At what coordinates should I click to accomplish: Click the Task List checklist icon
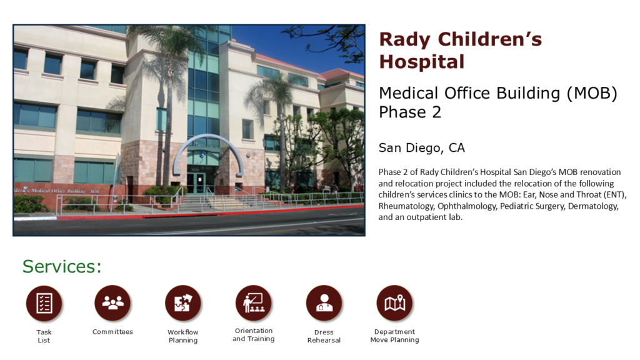44,303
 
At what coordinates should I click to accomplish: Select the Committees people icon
112,303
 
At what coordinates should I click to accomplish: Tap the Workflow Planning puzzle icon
183,303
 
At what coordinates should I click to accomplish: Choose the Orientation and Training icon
254,303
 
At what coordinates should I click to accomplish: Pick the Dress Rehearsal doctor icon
324,303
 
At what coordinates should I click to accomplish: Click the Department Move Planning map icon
395,303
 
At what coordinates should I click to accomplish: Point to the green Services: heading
62,266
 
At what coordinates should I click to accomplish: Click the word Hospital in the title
422,62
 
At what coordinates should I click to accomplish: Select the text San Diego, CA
422,147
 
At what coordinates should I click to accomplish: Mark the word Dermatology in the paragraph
593,206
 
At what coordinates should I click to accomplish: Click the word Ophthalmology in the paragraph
466,206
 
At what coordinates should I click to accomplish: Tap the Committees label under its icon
112,332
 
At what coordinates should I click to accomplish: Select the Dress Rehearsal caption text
324,336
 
